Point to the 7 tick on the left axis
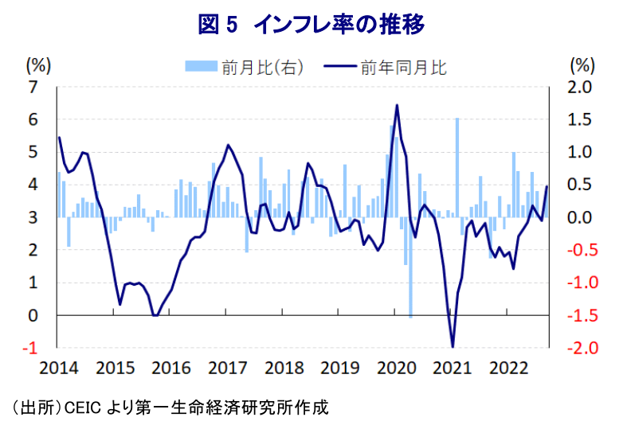(x=33, y=87)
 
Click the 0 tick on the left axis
(x=33, y=315)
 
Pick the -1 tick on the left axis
(x=31, y=348)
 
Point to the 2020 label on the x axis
(x=396, y=368)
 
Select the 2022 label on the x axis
(x=508, y=368)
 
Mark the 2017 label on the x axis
(x=227, y=368)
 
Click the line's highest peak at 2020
(x=397, y=105)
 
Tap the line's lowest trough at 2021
(x=453, y=346)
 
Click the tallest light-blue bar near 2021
(x=457, y=167)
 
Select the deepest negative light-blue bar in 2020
(x=410, y=267)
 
